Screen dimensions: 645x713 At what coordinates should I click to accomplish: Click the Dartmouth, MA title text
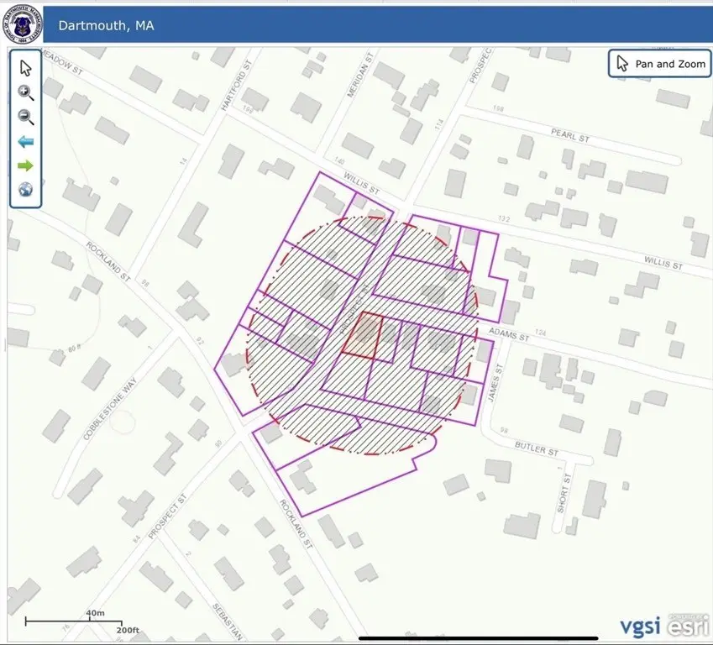106,25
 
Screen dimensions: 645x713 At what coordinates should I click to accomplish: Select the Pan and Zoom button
659,64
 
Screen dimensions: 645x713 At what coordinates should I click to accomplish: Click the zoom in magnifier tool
26,92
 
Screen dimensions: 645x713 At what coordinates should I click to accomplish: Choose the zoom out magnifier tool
26,118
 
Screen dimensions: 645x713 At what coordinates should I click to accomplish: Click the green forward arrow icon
26,165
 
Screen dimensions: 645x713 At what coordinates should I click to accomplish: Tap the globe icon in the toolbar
26,190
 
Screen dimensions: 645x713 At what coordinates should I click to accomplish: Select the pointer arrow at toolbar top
26,68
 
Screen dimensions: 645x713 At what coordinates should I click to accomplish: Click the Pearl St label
570,134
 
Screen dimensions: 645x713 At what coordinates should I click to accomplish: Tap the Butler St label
537,450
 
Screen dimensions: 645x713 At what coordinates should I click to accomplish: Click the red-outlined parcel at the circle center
362,335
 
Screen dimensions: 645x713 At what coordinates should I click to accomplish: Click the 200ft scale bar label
127,630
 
